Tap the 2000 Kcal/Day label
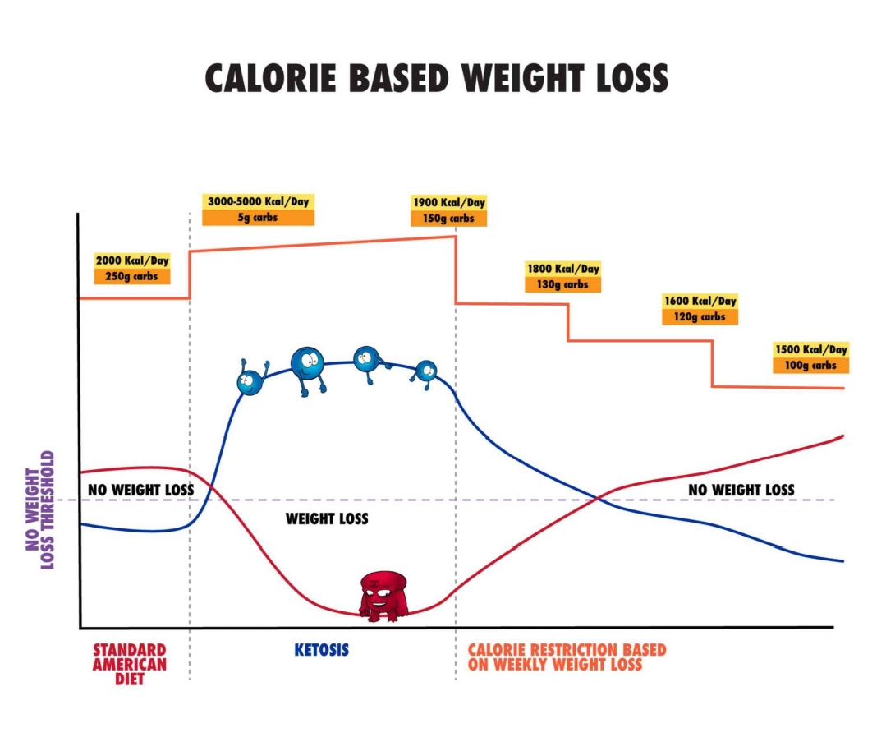point(132,260)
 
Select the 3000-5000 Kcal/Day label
point(258,201)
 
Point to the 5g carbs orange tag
point(258,218)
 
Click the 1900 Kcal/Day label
point(448,202)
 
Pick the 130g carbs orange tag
point(562,284)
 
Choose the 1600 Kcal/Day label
point(700,301)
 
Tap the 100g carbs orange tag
point(810,365)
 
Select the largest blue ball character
point(308,365)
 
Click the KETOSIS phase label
point(321,650)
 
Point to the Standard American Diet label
point(129,664)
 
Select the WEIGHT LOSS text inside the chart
point(327,518)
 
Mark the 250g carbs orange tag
point(132,277)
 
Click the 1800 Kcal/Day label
point(562,269)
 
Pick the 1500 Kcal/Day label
point(810,349)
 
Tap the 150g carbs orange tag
point(448,219)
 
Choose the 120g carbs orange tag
point(700,316)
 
